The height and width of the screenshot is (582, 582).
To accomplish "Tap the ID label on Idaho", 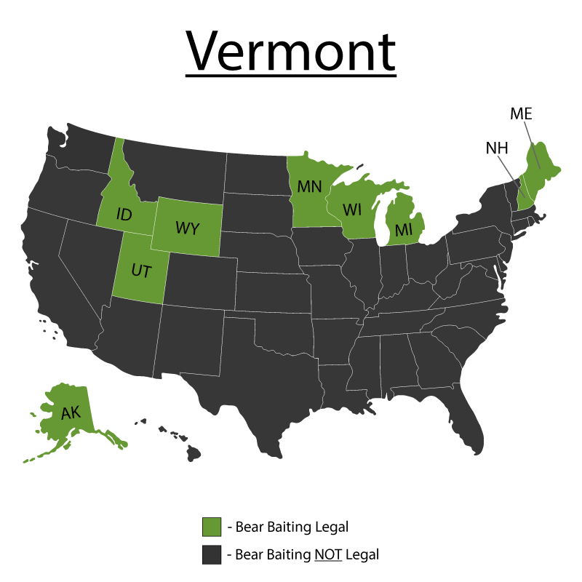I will pos(124,215).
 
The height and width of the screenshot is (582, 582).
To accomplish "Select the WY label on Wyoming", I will pos(187,226).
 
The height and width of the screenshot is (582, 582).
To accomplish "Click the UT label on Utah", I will pos(140,271).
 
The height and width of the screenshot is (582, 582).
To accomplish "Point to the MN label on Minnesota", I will pos(309,186).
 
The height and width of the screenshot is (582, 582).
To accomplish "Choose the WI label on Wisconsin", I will pos(352,210).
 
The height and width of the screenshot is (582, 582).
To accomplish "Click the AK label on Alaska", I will pos(71,413).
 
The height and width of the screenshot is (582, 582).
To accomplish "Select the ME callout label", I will pos(521,114).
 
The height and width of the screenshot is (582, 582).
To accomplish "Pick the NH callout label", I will pos(497,148).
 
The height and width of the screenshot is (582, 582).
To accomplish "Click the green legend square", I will pos(212,527).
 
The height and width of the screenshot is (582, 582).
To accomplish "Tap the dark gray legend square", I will pos(212,554).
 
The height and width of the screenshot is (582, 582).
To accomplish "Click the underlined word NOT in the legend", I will pos(327,554).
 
